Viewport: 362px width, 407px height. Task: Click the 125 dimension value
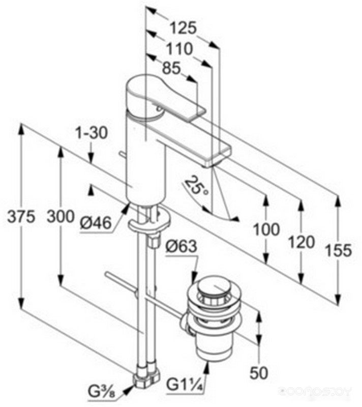pyautogui.click(x=183, y=27)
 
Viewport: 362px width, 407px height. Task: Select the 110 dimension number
pyautogui.click(x=179, y=48)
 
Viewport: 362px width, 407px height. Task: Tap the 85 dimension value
pyautogui.click(x=171, y=68)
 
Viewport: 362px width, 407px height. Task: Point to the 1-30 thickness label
pyautogui.click(x=92, y=133)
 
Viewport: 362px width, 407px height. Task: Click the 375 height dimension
pyautogui.click(x=21, y=216)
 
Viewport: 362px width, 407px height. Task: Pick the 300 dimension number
pyautogui.click(x=60, y=216)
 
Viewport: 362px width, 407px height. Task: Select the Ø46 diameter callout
pyautogui.click(x=96, y=223)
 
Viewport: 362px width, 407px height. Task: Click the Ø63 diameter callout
pyautogui.click(x=182, y=246)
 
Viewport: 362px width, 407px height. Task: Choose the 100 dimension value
pyautogui.click(x=266, y=229)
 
